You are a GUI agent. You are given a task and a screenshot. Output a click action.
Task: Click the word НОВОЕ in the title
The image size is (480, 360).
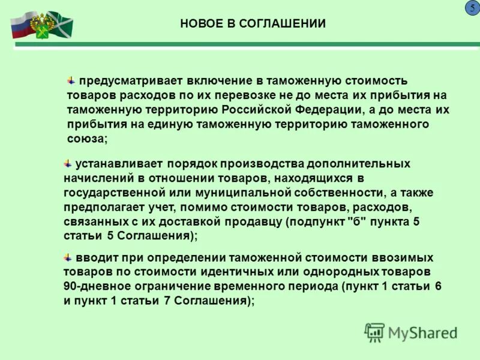201,24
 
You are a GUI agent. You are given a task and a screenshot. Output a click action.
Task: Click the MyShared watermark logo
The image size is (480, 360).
410,332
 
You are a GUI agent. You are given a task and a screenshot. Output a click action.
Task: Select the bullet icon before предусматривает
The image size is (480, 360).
71,80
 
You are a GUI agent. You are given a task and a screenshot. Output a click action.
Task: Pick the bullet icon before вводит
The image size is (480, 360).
68,257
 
